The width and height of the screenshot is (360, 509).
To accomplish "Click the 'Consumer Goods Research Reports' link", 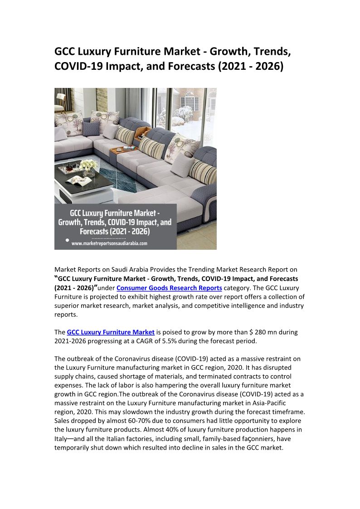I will (x=169, y=288).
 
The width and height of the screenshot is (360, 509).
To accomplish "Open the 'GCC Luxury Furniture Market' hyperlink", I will (x=111, y=332).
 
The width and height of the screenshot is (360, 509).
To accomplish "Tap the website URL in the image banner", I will (x=109, y=243).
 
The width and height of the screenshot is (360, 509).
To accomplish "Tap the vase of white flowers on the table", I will (x=89, y=166).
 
